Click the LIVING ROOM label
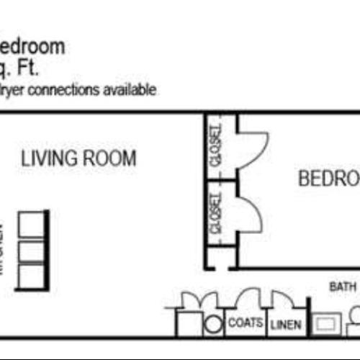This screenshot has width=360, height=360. point(78,158)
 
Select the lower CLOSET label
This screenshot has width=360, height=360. point(215,214)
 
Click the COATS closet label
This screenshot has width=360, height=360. point(245,323)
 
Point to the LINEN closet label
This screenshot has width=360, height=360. point(286,325)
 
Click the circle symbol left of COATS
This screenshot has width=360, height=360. point(212,324)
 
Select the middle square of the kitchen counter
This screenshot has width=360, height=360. point(32,251)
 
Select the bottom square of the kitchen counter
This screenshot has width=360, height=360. point(32,277)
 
